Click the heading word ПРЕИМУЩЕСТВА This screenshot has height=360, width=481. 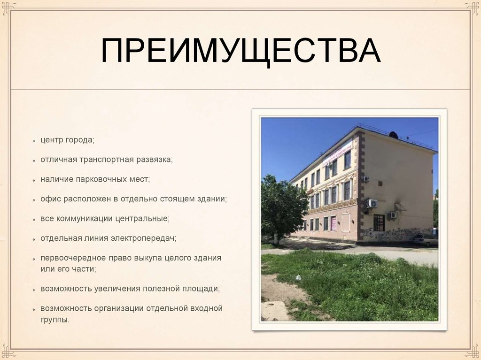tap(240, 52)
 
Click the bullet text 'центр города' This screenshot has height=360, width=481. tap(67, 140)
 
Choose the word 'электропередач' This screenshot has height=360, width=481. tap(143, 238)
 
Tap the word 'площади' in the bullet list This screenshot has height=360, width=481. tap(202, 289)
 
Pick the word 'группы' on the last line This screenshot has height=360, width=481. tap(54, 320)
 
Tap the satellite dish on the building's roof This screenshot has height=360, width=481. tap(393, 135)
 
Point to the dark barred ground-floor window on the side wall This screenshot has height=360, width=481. tap(379, 222)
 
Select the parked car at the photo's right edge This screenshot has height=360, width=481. tap(426, 240)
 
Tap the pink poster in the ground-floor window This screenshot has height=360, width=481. tap(333, 223)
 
